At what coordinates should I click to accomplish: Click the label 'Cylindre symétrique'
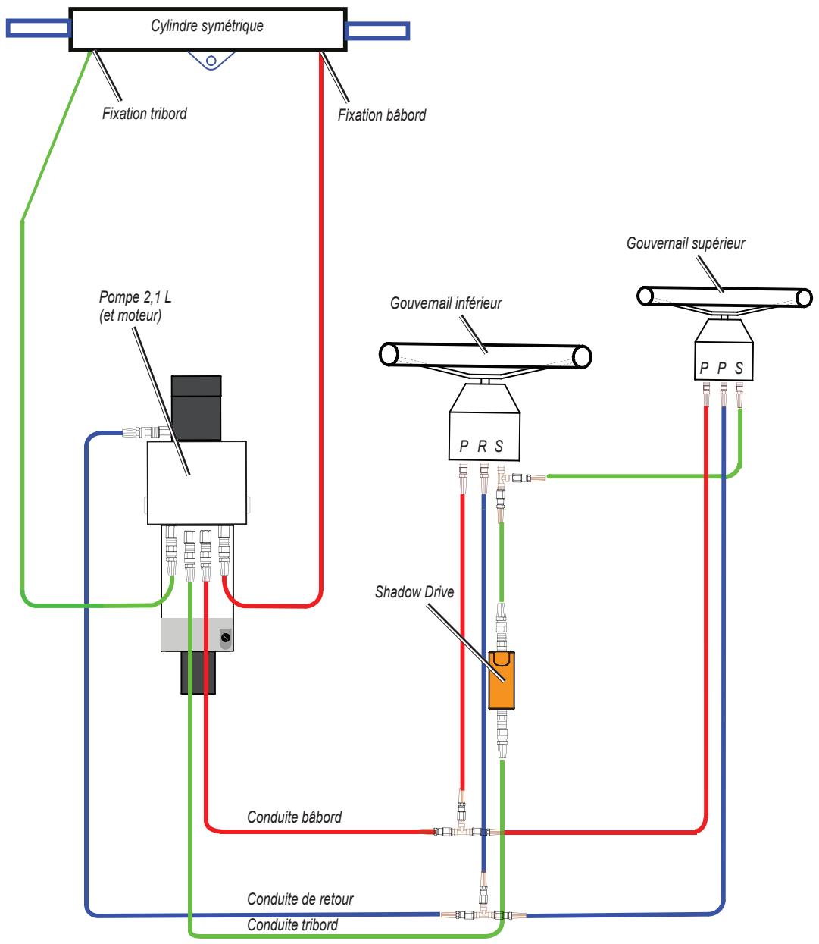point(207,26)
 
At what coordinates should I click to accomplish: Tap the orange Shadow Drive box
point(501,679)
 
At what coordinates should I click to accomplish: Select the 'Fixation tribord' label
point(144,114)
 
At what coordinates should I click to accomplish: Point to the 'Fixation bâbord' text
point(382,115)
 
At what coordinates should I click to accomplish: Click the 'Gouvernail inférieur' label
point(445,303)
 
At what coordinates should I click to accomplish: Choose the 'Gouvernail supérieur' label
point(686,243)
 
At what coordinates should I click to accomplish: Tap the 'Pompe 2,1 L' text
point(135,297)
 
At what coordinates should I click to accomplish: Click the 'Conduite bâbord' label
point(295,817)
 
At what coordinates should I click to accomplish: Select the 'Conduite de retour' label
point(300,899)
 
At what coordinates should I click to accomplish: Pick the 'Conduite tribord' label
point(292,924)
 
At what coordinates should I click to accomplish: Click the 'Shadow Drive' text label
point(414,592)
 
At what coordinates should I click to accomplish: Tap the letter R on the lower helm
point(482,446)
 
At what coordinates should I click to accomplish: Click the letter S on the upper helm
point(739,368)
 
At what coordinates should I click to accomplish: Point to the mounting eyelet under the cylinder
point(211,61)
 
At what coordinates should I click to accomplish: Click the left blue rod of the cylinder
point(38,28)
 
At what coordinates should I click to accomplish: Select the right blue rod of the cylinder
point(377,30)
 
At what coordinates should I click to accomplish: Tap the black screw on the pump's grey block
point(225,638)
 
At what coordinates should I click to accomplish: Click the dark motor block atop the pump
point(196,408)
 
